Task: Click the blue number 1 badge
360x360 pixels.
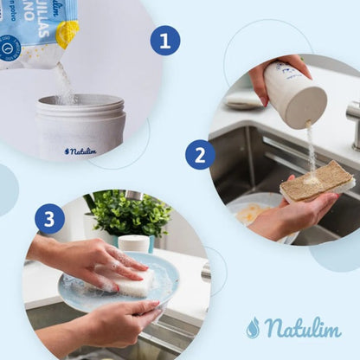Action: pyautogui.click(x=164, y=40)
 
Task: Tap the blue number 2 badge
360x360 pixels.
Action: pyautogui.click(x=200, y=155)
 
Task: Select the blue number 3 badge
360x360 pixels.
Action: pyautogui.click(x=49, y=218)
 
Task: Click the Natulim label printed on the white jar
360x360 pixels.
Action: pyautogui.click(x=80, y=151)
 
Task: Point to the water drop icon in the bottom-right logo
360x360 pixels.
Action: pyautogui.click(x=253, y=328)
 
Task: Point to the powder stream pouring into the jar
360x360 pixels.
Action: pyautogui.click(x=64, y=82)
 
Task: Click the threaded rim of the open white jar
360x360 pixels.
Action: pyautogui.click(x=80, y=106)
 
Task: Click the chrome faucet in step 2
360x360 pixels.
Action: pyautogui.click(x=353, y=121)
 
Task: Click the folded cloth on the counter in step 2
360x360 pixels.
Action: pyautogui.click(x=244, y=100)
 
